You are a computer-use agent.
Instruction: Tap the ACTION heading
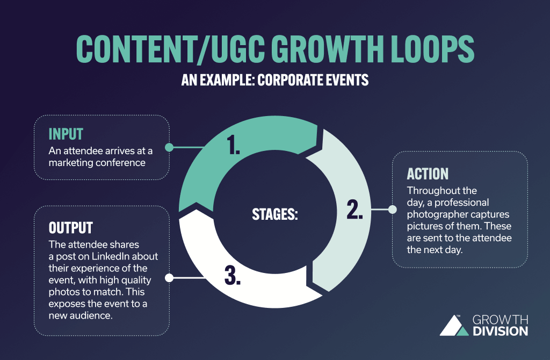tap(428, 174)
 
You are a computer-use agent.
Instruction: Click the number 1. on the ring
tap(234, 146)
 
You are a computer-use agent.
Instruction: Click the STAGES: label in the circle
tap(275, 214)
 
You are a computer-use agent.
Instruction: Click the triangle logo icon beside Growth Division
tap(453, 325)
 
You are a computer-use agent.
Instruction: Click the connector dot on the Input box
tap(169, 147)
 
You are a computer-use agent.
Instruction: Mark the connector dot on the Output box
tap(169, 278)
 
